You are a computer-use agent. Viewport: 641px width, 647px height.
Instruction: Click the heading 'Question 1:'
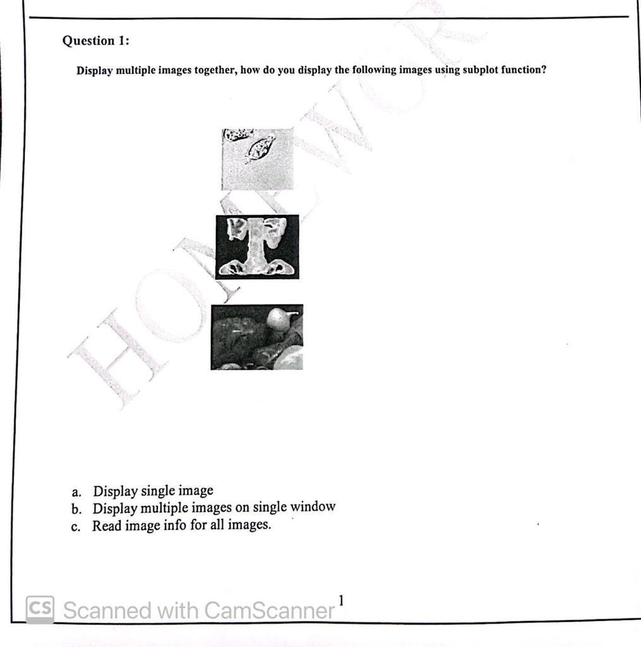pyautogui.click(x=95, y=41)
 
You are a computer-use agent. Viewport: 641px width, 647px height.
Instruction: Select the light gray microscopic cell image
pyautogui.click(x=258, y=159)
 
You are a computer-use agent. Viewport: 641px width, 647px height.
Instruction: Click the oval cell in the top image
pyautogui.click(x=260, y=148)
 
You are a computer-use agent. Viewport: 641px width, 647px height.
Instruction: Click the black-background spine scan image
pyautogui.click(x=257, y=247)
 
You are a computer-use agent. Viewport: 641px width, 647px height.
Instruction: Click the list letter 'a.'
pyautogui.click(x=76, y=492)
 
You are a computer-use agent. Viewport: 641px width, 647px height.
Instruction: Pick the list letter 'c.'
pyautogui.click(x=76, y=526)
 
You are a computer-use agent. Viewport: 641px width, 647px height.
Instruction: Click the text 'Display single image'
pyautogui.click(x=153, y=491)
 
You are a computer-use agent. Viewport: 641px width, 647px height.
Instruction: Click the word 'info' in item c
pyautogui.click(x=174, y=525)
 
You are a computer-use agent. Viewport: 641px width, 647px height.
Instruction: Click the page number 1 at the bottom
pyautogui.click(x=341, y=600)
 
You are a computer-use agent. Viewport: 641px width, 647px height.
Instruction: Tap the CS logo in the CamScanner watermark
pyautogui.click(x=40, y=609)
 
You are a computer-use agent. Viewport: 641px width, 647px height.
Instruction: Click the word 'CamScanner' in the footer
pyautogui.click(x=270, y=610)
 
